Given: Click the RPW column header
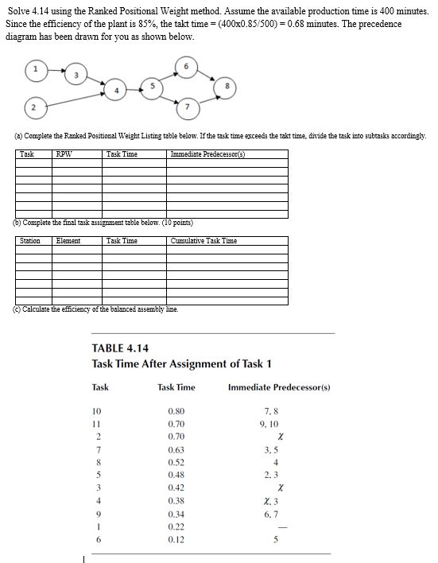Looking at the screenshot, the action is pos(63,153).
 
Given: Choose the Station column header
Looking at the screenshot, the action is pos(29,240).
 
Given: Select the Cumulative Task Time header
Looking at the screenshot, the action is pos(203,240).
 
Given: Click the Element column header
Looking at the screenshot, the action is pos(68,240).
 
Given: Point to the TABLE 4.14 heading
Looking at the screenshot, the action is pos(121,348).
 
